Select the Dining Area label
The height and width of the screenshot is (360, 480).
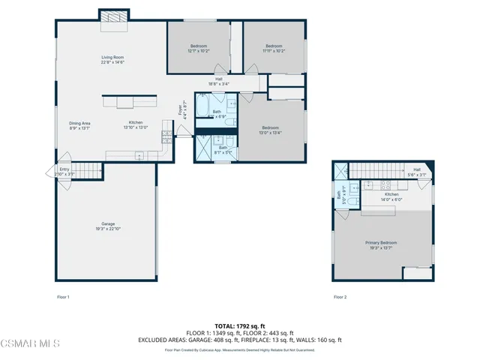79,125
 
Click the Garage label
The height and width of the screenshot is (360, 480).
109,226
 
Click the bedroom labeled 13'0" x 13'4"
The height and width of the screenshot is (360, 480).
271,129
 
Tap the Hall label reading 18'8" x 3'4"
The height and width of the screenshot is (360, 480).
219,82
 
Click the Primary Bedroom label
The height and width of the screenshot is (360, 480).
381,245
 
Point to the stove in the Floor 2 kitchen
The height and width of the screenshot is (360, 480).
387,184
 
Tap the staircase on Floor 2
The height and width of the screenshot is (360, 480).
379,169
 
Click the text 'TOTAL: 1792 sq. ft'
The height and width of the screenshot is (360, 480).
240,326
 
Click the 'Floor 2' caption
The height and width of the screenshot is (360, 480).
340,297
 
